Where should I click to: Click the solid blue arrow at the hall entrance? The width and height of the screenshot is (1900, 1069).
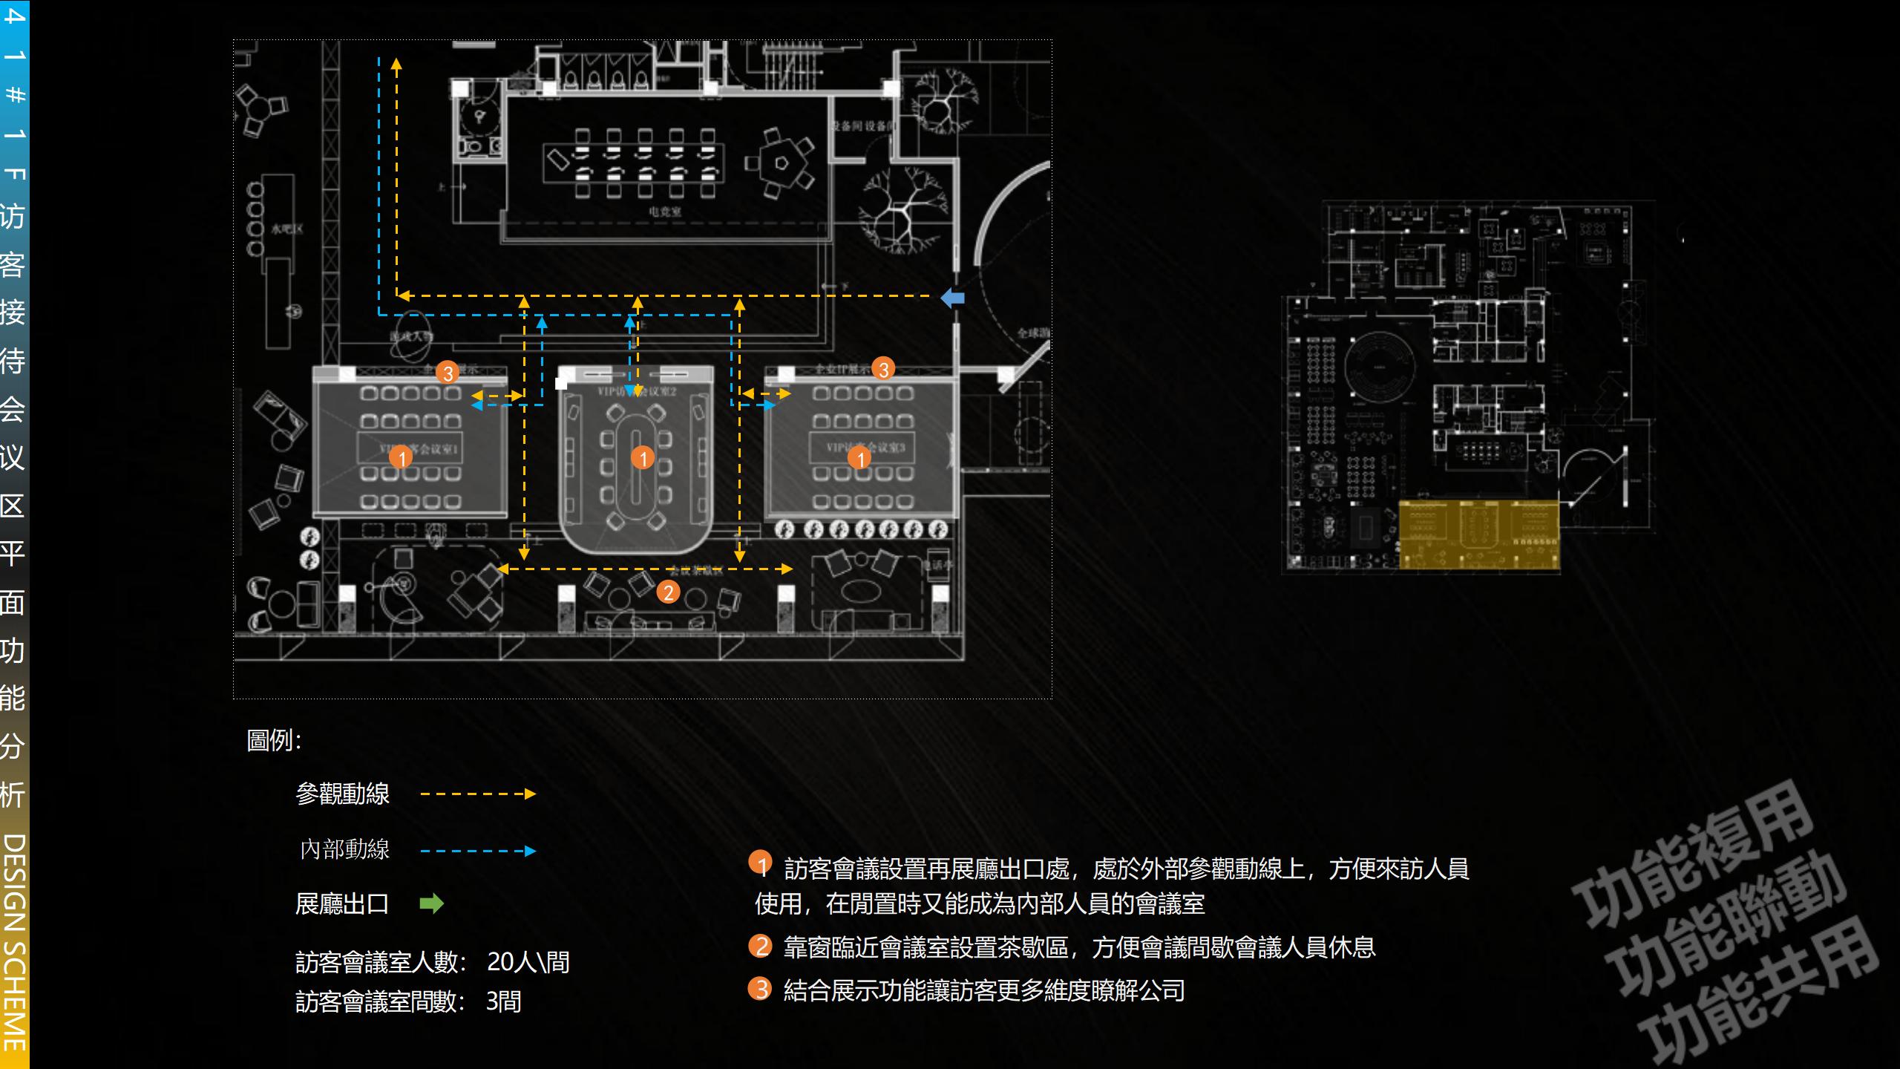pos(953,298)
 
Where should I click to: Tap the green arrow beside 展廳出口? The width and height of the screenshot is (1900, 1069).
pos(431,903)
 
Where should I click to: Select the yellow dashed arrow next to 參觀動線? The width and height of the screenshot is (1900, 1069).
pos(478,794)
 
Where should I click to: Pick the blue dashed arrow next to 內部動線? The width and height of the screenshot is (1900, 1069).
pos(478,851)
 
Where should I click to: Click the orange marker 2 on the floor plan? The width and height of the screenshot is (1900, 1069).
pos(668,592)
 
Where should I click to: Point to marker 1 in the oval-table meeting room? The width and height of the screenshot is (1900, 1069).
pos(643,458)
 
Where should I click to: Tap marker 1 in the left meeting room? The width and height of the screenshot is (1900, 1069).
pos(401,457)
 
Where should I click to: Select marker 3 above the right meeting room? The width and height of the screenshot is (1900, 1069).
pos(882,369)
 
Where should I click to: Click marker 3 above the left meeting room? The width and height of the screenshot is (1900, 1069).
pos(447,373)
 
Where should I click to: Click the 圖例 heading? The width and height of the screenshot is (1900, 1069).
pos(274,740)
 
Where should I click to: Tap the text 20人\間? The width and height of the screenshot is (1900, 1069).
pos(528,962)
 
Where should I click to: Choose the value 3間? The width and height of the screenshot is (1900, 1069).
pos(503,1001)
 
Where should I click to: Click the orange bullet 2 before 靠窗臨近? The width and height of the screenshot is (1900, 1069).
pos(760,946)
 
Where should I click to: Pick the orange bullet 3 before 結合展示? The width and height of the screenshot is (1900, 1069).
pos(760,989)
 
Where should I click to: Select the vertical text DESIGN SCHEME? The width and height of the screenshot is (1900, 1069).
pos(15,943)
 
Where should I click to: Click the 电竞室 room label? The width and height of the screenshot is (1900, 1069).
pos(664,212)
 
